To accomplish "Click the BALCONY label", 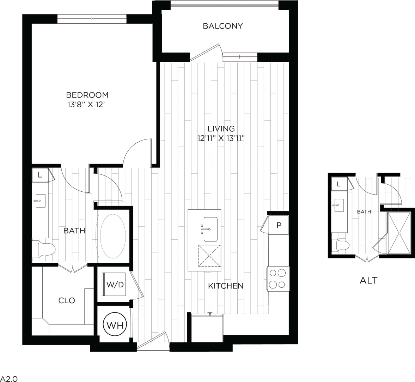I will pyautogui.click(x=222, y=26).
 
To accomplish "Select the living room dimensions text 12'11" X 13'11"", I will pyautogui.click(x=221, y=138).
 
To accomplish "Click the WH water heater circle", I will pyautogui.click(x=115, y=325).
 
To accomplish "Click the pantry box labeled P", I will pyautogui.click(x=278, y=225).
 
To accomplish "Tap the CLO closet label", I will pyautogui.click(x=67, y=300).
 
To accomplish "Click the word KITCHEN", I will pyautogui.click(x=226, y=286).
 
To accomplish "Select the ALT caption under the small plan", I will pyautogui.click(x=368, y=281).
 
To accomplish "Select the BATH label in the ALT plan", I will pyautogui.click(x=364, y=212).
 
